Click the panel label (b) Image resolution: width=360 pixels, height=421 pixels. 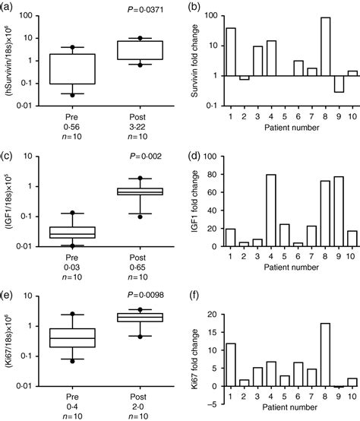pos(193,7)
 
